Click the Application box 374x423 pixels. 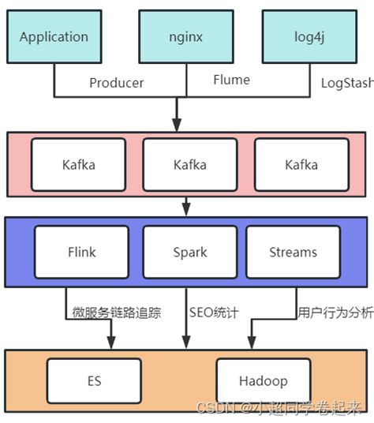[54, 37]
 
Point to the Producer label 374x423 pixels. [117, 83]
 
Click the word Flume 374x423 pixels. [231, 80]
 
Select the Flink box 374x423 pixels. [81, 253]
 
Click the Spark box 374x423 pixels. [189, 253]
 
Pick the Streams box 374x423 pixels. [293, 253]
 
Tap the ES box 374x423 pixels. [94, 381]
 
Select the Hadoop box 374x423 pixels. [263, 381]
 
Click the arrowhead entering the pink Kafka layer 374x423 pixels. [178, 125]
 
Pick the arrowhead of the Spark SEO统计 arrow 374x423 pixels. [187, 343]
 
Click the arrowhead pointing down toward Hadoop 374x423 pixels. [251, 343]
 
